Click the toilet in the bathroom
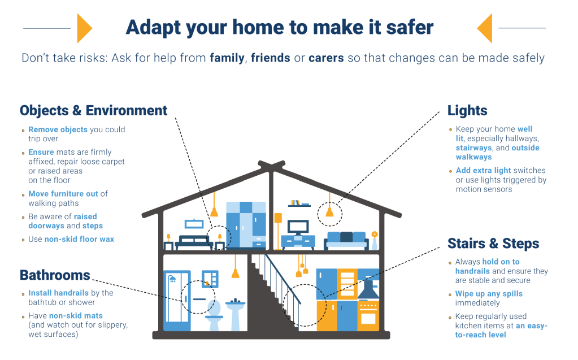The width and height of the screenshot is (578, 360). pyautogui.click(x=214, y=315)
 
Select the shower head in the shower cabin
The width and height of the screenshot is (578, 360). pyautogui.click(x=172, y=279)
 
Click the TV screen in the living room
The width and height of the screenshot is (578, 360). pyautogui.click(x=298, y=227)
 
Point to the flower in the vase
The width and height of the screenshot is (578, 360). pyautogui.click(x=375, y=234)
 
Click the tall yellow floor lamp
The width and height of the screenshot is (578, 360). pyautogui.click(x=279, y=231)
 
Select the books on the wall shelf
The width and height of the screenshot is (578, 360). pyautogui.click(x=295, y=202)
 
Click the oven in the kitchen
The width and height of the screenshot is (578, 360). pyautogui.click(x=368, y=316)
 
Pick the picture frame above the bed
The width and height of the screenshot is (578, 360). pyautogui.click(x=194, y=224)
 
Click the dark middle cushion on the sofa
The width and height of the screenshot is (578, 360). pyautogui.click(x=346, y=237)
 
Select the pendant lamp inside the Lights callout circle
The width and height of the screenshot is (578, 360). pyautogui.click(x=329, y=212)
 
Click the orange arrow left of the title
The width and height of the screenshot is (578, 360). pyautogui.click(x=84, y=28)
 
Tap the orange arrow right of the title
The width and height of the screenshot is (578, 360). pyautogui.click(x=485, y=28)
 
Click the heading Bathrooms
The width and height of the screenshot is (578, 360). pyautogui.click(x=55, y=275)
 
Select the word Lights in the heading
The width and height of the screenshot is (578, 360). pyautogui.click(x=467, y=111)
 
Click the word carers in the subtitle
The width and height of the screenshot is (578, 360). pyautogui.click(x=326, y=58)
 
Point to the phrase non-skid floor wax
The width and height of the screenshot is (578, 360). pyautogui.click(x=79, y=239)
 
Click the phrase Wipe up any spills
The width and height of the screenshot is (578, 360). pyautogui.click(x=489, y=294)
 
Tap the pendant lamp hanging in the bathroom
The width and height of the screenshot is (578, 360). pyautogui.click(x=235, y=273)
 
